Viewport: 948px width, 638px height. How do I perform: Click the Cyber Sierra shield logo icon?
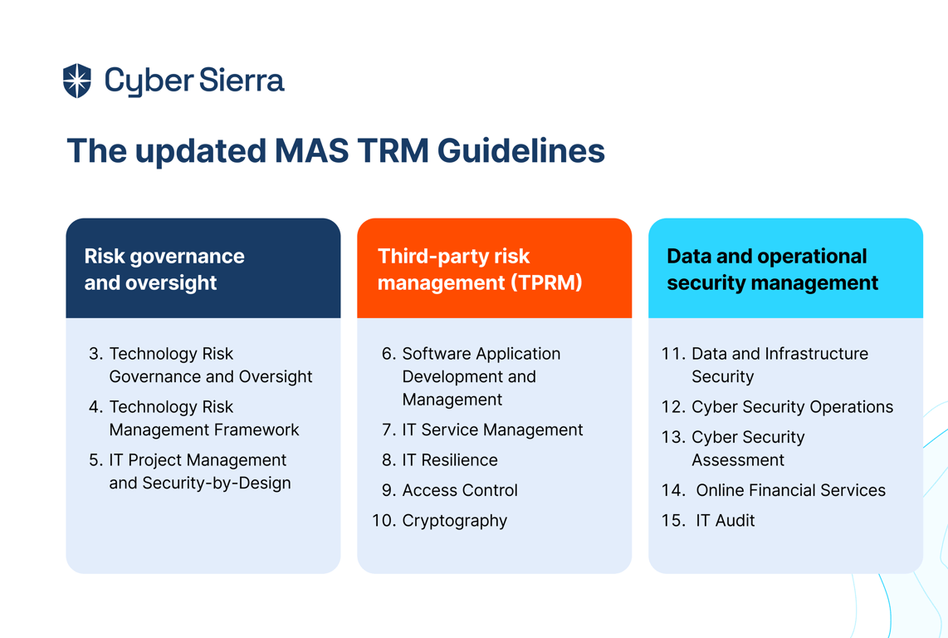[76, 81]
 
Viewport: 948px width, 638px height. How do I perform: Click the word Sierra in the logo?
[242, 80]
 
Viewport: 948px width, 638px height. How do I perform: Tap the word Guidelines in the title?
[521, 150]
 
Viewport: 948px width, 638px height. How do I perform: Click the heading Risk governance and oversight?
[164, 269]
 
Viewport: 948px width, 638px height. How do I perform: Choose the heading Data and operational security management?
[772, 269]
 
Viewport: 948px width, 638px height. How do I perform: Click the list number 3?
[95, 354]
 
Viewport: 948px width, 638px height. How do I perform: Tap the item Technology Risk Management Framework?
[203, 418]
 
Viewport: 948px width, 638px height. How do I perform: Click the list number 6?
[388, 354]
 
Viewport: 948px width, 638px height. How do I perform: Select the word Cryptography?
[455, 521]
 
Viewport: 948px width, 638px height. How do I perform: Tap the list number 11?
[673, 354]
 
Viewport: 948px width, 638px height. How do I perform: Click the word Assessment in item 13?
[738, 460]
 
